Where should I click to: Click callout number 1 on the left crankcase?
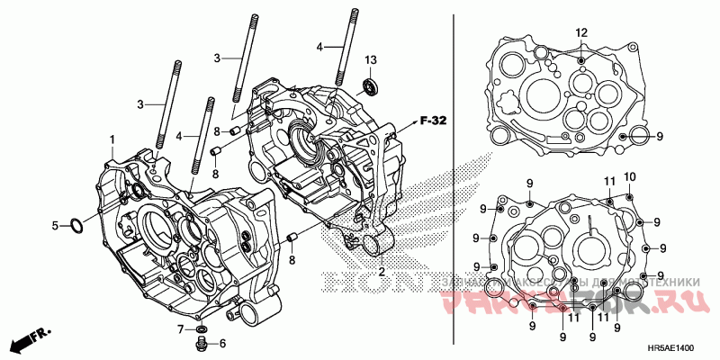click(x=112, y=140)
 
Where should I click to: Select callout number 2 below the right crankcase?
click(x=381, y=271)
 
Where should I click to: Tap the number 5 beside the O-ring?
click(x=54, y=225)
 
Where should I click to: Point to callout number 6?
click(x=222, y=343)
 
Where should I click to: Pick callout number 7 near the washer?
click(x=180, y=328)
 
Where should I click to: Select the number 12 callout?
click(x=581, y=33)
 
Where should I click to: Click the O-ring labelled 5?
click(x=77, y=225)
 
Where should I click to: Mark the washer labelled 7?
click(x=201, y=329)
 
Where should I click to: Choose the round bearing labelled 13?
click(x=368, y=86)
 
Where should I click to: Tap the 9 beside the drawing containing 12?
click(x=659, y=136)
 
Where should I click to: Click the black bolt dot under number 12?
click(x=582, y=59)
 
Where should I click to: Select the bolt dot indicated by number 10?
click(x=628, y=195)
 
